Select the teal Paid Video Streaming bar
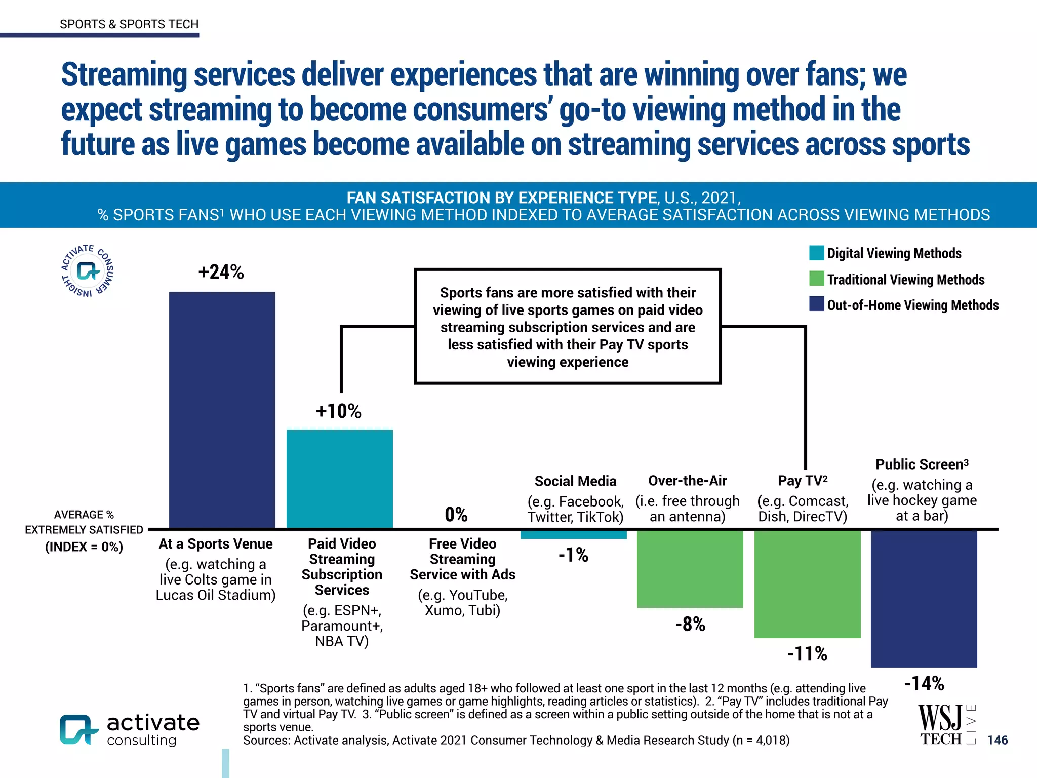tap(339, 478)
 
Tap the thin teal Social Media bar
tap(573, 534)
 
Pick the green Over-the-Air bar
tap(690, 568)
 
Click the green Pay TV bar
tap(807, 583)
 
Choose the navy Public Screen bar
tap(924, 598)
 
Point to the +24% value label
tap(221, 272)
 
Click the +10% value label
tap(338, 411)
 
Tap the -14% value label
tap(924, 684)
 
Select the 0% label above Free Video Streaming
tap(456, 515)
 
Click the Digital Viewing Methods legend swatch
tap(816, 253)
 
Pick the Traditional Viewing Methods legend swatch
tap(816, 279)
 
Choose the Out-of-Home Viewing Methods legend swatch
tap(816, 304)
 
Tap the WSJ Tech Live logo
tap(946, 725)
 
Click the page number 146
tap(998, 740)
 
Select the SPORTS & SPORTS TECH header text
tap(129, 24)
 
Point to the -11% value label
tap(807, 654)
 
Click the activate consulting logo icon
tap(78, 729)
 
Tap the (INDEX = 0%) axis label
tap(84, 547)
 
